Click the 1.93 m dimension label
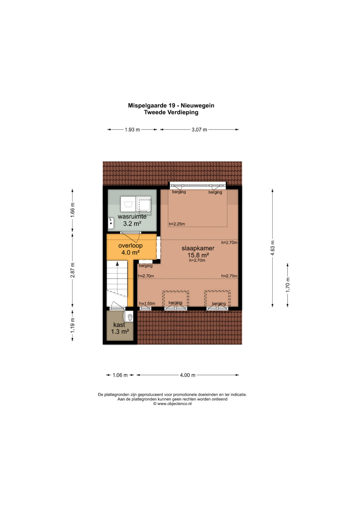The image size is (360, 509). tap(132, 130)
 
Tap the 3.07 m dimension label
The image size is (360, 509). tap(199, 130)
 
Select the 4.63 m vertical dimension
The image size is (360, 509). tap(273, 248)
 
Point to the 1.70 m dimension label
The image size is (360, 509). tap(288, 285)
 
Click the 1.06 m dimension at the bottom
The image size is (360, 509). tap(120, 375)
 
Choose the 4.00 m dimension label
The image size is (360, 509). tap(188, 375)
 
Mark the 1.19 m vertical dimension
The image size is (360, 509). tap(73, 325)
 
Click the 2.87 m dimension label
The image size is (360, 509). tap(73, 270)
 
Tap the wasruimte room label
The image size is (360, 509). tap(132, 217)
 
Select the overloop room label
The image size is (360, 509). tap(130, 246)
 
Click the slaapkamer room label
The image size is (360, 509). tap(198, 248)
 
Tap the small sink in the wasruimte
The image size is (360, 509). tap(111, 223)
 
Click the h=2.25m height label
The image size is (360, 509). tap(177, 224)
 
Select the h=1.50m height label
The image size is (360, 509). tap(147, 304)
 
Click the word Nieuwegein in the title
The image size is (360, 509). tap(197, 106)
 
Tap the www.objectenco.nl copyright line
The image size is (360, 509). tap(173, 404)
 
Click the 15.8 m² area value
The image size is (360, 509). tap(198, 255)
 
